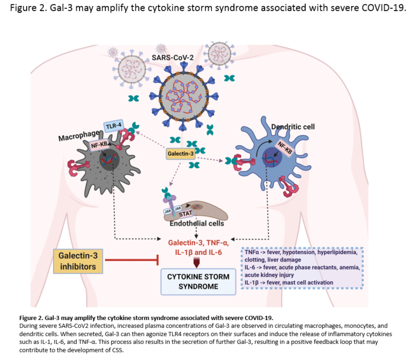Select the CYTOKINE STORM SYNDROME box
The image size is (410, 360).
coord(199,281)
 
